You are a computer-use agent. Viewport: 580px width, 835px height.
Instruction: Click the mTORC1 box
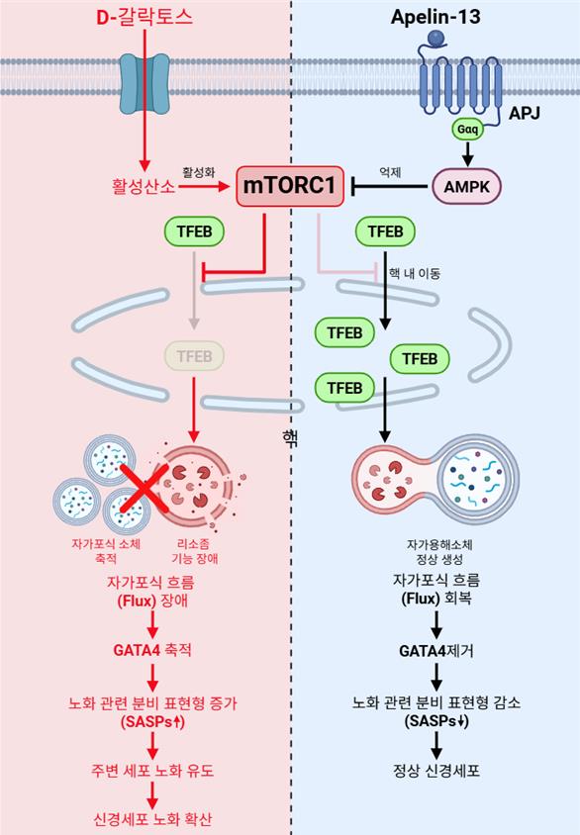[290, 186]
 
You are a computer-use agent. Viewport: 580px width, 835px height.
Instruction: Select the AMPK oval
[466, 187]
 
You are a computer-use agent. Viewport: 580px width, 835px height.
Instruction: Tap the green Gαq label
[467, 129]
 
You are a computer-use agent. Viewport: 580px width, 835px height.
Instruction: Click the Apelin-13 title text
[435, 17]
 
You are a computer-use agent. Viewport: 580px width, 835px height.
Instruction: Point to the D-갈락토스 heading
[145, 17]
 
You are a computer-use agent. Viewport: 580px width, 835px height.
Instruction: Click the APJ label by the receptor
[525, 113]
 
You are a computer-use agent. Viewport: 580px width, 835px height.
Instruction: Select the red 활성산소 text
[144, 186]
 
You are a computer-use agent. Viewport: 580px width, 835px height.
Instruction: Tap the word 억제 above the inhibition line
[390, 172]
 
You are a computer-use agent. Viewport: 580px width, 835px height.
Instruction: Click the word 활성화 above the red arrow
[199, 172]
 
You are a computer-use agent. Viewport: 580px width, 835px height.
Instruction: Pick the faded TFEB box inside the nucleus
[194, 356]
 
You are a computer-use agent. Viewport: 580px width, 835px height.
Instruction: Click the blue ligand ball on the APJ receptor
[436, 38]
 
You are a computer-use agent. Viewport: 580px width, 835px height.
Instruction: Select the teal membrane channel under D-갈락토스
[145, 83]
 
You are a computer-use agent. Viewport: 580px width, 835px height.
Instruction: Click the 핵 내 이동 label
[415, 274]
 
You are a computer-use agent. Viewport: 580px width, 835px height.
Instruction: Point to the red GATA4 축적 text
[152, 650]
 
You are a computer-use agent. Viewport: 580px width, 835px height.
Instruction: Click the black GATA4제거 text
[436, 651]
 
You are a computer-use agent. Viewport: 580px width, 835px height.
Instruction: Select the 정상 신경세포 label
[436, 770]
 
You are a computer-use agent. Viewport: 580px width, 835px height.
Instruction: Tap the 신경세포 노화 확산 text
[152, 818]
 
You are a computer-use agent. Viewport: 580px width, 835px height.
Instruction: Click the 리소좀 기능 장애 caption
[194, 551]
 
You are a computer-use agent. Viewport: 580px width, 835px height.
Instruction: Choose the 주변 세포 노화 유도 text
[152, 770]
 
